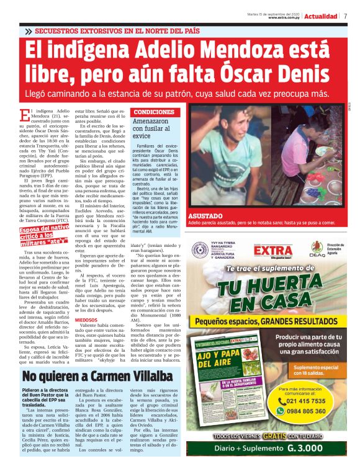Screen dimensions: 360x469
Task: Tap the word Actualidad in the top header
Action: point(321,16)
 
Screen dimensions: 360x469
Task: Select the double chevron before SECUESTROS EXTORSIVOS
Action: point(28,30)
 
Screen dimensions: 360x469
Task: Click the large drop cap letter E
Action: point(24,115)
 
